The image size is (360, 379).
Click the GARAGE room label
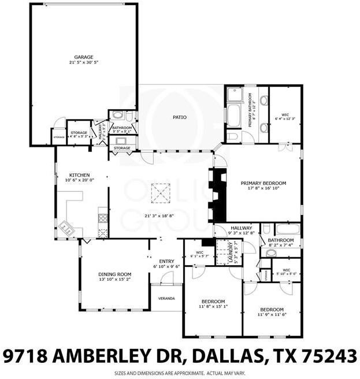point(83,57)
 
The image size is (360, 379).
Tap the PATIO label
point(180,117)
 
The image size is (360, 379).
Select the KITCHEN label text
point(78,174)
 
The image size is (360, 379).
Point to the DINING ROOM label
point(115,274)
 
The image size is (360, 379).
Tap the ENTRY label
point(166,261)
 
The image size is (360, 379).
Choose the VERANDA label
point(166,299)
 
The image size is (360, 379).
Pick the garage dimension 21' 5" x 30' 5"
point(83,62)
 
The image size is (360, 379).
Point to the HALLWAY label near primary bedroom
point(241,229)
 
